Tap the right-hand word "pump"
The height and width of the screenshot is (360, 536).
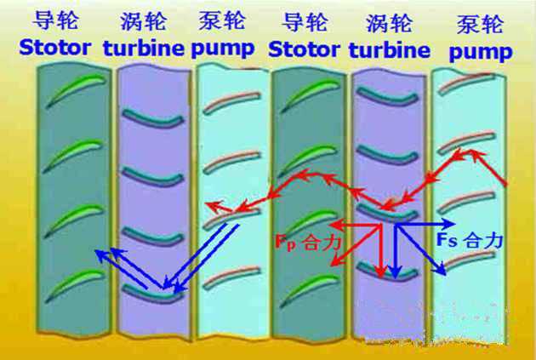[x=481, y=53]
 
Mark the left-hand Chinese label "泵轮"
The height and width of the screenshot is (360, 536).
[x=225, y=20]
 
